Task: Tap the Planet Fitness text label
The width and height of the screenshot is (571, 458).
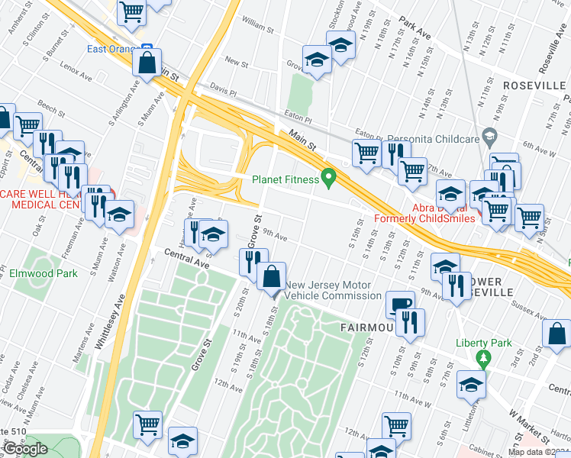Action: (x=285, y=180)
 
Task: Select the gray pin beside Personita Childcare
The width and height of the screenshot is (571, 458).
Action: (x=490, y=138)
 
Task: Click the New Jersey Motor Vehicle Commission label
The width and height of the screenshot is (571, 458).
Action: (x=332, y=290)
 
